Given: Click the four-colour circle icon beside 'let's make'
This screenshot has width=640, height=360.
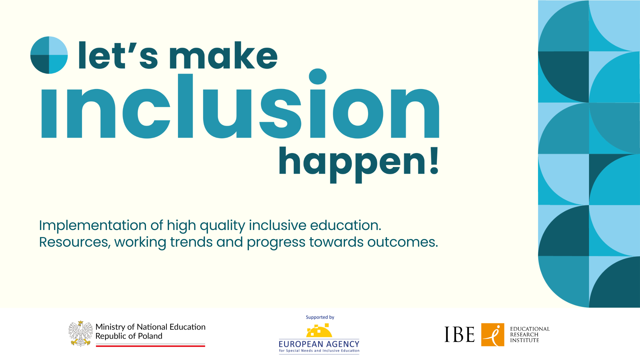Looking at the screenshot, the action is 49,55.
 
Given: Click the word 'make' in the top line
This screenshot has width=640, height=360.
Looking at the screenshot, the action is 223,55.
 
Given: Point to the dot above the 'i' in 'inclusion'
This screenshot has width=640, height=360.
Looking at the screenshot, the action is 318,77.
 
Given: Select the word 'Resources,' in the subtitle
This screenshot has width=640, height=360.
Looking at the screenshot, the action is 75,242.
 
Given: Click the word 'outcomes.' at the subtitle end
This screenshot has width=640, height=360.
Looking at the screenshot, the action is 403,242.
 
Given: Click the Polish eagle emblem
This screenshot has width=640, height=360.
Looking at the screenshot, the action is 81,334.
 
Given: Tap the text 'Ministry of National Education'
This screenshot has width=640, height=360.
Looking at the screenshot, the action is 150,327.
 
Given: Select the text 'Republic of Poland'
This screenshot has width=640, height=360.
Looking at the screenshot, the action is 129,336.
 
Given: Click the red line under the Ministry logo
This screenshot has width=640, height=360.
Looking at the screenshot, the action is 150,346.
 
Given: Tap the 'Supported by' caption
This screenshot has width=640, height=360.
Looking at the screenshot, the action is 320,317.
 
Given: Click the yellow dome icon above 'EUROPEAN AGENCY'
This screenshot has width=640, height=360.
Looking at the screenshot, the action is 319,331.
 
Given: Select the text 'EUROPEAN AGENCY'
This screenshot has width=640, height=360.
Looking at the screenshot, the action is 319,344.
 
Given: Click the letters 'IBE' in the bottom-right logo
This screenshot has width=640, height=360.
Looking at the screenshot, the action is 459,334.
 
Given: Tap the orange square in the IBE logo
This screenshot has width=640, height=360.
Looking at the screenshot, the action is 493,335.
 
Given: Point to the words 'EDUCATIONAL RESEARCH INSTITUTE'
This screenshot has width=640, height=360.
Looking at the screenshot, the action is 530,335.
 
